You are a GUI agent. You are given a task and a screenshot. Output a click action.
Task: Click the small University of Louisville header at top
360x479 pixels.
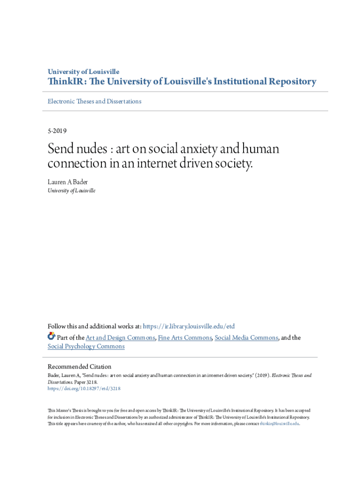(84, 72)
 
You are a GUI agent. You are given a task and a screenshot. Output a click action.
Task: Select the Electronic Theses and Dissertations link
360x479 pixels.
(94, 102)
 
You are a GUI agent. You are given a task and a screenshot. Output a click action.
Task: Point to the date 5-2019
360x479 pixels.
(59, 131)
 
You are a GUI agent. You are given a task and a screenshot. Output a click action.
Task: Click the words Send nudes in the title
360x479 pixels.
(77, 150)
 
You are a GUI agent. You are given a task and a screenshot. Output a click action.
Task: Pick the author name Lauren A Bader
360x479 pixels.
(68, 182)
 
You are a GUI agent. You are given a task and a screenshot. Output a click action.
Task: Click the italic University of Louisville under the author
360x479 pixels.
(72, 191)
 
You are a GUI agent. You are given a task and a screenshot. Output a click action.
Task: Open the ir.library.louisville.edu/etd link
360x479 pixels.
(188, 327)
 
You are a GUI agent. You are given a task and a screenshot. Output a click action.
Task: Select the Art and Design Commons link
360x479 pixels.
(120, 338)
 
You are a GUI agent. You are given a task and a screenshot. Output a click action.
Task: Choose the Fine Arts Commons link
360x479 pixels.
(185, 338)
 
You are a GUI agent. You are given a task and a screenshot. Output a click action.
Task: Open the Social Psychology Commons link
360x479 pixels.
(86, 347)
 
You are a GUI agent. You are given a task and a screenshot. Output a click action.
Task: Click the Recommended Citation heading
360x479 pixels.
(79, 367)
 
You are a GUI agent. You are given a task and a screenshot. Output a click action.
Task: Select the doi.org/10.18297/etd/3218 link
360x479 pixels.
(84, 388)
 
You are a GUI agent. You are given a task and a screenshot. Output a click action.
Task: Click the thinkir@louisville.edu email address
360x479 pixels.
(279, 424)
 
